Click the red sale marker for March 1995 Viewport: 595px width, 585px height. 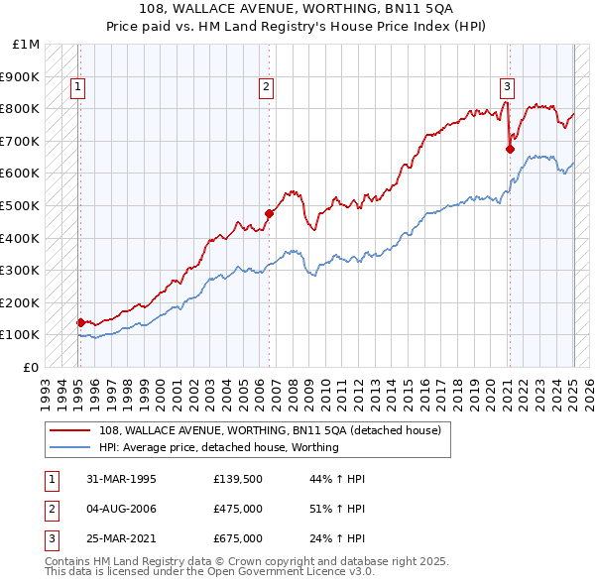pyautogui.click(x=80, y=321)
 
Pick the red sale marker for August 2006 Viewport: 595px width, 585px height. pyautogui.click(x=269, y=213)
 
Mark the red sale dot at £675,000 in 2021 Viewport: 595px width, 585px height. pyautogui.click(x=510, y=149)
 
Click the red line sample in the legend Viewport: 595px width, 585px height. pyautogui.click(x=69, y=430)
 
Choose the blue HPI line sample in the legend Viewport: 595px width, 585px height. pyautogui.click(x=69, y=447)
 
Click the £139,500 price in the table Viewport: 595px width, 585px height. pyautogui.click(x=237, y=479)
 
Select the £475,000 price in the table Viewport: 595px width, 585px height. pyautogui.click(x=238, y=509)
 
